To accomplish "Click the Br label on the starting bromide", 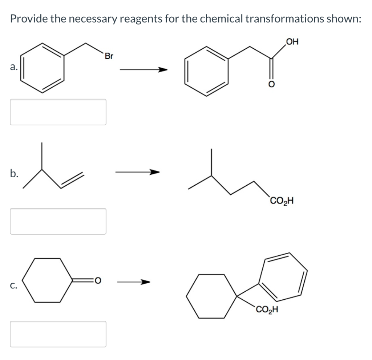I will click(x=109, y=57).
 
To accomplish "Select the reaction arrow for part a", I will click(x=144, y=70).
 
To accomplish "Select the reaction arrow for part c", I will click(x=134, y=281).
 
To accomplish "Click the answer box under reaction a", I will click(x=58, y=112).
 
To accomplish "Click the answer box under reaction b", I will click(x=58, y=221).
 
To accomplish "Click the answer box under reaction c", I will click(x=58, y=334).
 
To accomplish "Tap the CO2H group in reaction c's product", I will click(x=267, y=310).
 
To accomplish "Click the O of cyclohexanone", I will click(x=98, y=280).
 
